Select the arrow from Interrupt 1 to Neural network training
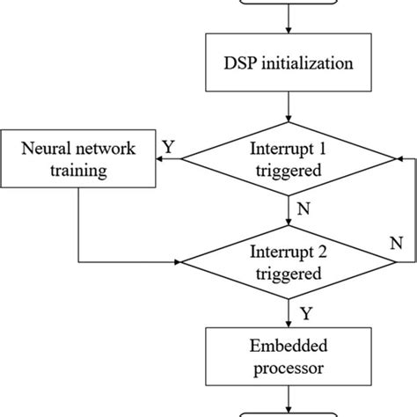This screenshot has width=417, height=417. click(170, 159)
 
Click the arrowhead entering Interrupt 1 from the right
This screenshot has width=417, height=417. click(399, 159)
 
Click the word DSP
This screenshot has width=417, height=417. click(243, 63)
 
